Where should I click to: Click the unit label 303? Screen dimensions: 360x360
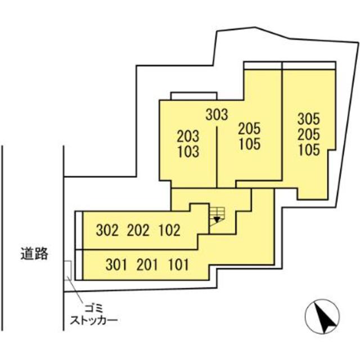[x=217, y=115]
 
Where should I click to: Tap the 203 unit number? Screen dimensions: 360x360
[x=188, y=136]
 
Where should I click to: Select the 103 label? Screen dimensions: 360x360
[x=188, y=151]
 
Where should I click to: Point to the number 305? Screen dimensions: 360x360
[x=308, y=119]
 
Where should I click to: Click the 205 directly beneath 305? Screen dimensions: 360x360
[x=308, y=134]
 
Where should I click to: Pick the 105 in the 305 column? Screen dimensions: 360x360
[x=308, y=150]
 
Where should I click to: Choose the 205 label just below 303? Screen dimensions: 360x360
[x=249, y=128]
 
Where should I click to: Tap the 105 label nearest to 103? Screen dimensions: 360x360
[x=249, y=144]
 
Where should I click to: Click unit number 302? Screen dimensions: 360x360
[x=107, y=230]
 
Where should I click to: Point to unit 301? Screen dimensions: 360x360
[x=117, y=264]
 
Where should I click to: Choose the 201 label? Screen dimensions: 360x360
[x=147, y=264]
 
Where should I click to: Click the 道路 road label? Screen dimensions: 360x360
[x=33, y=254]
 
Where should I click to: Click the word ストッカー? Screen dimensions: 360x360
[x=93, y=321]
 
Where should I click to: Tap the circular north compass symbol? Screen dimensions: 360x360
[x=323, y=317]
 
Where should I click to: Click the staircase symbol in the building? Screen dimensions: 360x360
[x=217, y=216]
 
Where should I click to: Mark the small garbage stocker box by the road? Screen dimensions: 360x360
[x=67, y=271]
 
